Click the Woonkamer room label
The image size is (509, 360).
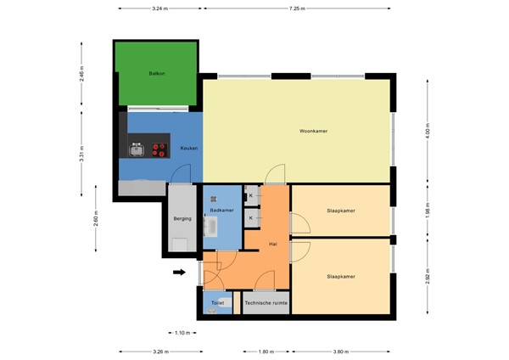(x=314, y=132)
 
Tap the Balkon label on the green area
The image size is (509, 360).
(x=156, y=75)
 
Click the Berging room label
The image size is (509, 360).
(x=182, y=218)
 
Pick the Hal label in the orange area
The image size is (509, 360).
(x=272, y=244)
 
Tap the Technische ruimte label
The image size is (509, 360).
(x=266, y=303)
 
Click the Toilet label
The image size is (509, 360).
(x=217, y=303)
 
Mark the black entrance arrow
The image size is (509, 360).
(x=178, y=273)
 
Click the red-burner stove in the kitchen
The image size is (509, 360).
(x=159, y=150)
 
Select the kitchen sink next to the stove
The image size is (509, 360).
(x=137, y=150)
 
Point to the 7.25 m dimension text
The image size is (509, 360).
(x=297, y=8)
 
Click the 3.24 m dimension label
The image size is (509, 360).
(x=159, y=8)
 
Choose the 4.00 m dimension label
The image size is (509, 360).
(x=428, y=132)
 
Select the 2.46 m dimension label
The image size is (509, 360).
(x=81, y=75)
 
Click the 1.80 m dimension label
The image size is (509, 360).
(x=266, y=351)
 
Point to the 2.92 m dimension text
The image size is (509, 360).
(x=428, y=276)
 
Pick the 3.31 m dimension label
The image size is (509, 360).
(x=81, y=158)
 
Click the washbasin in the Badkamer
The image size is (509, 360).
(x=213, y=228)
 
